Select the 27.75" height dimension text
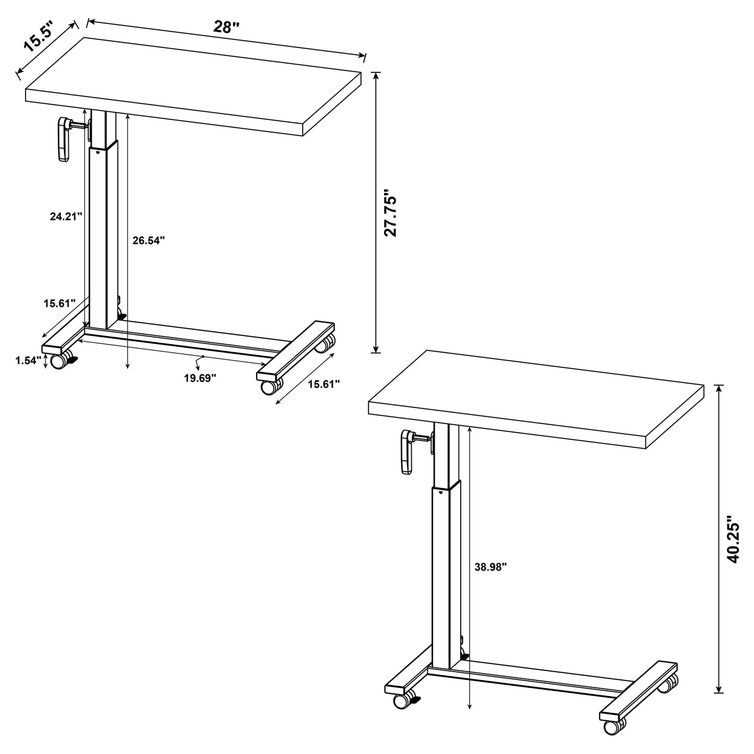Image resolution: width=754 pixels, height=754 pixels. click(x=391, y=212)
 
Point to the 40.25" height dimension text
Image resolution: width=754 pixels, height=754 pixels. click(x=734, y=540)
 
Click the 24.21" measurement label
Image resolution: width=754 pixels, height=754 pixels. click(x=66, y=217)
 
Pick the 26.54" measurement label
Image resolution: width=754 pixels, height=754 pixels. click(x=148, y=241)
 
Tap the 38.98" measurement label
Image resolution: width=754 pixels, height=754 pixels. click(x=490, y=567)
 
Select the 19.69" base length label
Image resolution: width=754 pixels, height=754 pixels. click(x=200, y=378)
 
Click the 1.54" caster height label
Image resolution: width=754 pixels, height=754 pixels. click(x=28, y=361)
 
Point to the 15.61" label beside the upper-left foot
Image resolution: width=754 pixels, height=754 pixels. click(x=59, y=303)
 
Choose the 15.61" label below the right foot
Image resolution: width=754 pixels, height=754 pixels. click(x=324, y=385)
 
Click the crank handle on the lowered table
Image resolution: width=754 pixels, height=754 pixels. click(x=64, y=140)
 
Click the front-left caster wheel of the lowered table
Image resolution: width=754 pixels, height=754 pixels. click(x=58, y=361)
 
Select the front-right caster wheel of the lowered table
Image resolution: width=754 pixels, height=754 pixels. click(x=269, y=387)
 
